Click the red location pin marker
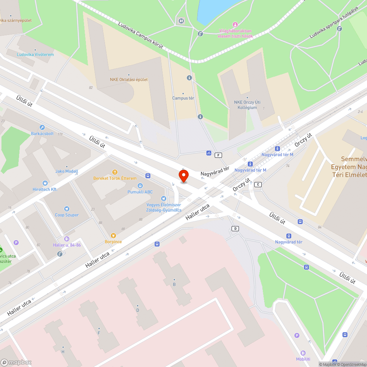[183, 175]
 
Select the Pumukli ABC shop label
[140, 192]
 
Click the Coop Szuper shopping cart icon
[67, 208]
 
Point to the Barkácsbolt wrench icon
[42, 127]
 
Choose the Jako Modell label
[67, 171]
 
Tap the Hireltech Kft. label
[45, 189]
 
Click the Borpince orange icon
[113, 235]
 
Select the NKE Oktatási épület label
[129, 79]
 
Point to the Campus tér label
[183, 98]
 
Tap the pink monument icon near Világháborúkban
[236, 24]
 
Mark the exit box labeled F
[218, 155]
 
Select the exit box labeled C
[258, 184]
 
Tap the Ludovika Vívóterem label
[35, 55]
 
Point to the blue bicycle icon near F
[209, 153]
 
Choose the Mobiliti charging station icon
[303, 353]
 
